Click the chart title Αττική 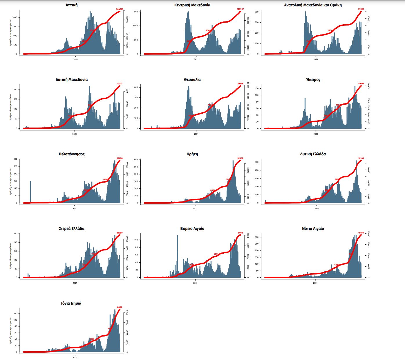[x=72, y=5]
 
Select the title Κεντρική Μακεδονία [x=192, y=5]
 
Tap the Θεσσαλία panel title [x=192, y=79]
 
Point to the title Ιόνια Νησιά [x=71, y=303]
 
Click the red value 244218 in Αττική [x=120, y=9]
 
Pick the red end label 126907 [x=240, y=9]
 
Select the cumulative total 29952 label [x=361, y=9]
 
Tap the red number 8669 [x=120, y=307]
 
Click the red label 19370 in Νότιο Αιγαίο [x=361, y=233]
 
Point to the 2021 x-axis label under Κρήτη [x=195, y=208]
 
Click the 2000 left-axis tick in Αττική [x=15, y=18]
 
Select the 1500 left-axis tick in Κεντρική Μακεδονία [x=135, y=12]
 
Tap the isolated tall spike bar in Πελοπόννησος [x=30, y=192]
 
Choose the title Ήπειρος [x=313, y=79]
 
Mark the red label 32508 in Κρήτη [x=240, y=158]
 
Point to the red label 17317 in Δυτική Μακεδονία [x=120, y=84]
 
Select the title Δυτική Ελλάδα [x=313, y=154]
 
